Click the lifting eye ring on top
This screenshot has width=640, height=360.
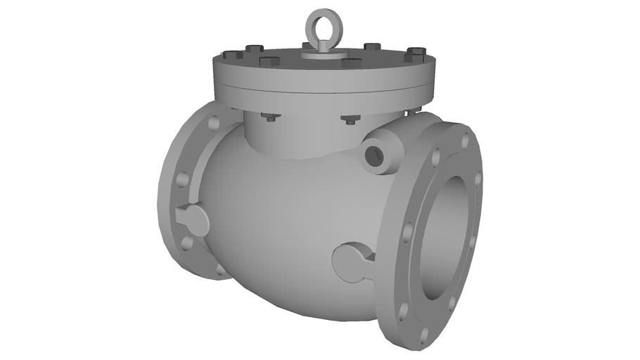pyautogui.click(x=320, y=22)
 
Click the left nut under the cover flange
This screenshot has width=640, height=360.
pyautogui.click(x=269, y=116)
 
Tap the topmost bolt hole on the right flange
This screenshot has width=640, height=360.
pyautogui.click(x=465, y=141)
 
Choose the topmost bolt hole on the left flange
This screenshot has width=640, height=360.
pyautogui.click(x=213, y=123)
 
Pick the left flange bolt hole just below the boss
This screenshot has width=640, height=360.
pyautogui.click(x=186, y=243)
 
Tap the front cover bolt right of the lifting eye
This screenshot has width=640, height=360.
pyautogui.click(x=351, y=63)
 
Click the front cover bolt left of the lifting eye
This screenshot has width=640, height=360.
pyautogui.click(x=269, y=60)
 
